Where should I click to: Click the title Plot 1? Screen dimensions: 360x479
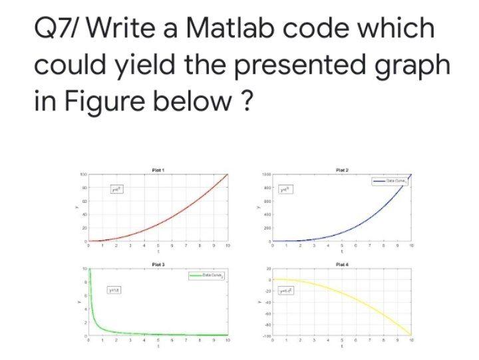158,170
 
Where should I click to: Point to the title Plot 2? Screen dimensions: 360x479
343,170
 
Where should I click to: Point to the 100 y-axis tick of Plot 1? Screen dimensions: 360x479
84,174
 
